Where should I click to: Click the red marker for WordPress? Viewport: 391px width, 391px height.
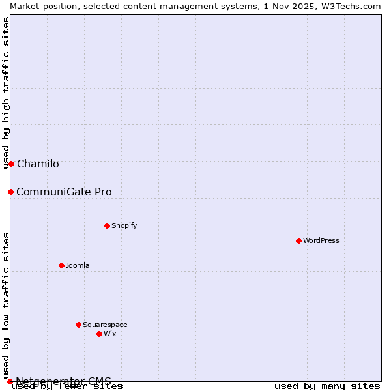[x=298, y=240]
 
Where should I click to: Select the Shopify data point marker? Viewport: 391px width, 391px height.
[x=107, y=225]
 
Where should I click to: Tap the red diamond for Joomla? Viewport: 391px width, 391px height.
[x=61, y=265]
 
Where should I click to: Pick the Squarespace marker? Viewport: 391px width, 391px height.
[x=78, y=325]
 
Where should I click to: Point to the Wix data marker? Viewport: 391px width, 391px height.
[x=99, y=334]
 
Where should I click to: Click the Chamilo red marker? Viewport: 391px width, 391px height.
[x=11, y=164]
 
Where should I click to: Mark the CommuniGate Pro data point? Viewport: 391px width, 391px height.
[x=10, y=192]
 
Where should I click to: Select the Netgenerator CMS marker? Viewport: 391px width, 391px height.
[x=10, y=381]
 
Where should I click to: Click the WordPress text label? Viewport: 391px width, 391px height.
[x=321, y=240]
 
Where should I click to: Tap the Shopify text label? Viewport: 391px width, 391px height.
[x=124, y=225]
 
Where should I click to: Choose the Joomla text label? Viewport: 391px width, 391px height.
[x=78, y=265]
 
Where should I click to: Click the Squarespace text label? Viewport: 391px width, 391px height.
[x=105, y=325]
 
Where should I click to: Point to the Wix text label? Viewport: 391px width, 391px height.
[x=109, y=334]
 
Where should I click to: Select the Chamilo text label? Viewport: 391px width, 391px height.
[x=38, y=164]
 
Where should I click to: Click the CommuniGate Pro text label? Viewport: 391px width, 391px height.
[x=64, y=192]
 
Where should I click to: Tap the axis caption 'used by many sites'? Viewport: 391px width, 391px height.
[x=327, y=386]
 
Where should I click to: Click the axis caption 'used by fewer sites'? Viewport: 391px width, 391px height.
[x=68, y=386]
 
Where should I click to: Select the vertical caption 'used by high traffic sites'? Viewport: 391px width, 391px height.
[x=6, y=93]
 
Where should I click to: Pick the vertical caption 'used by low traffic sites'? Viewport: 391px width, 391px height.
[x=6, y=305]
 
